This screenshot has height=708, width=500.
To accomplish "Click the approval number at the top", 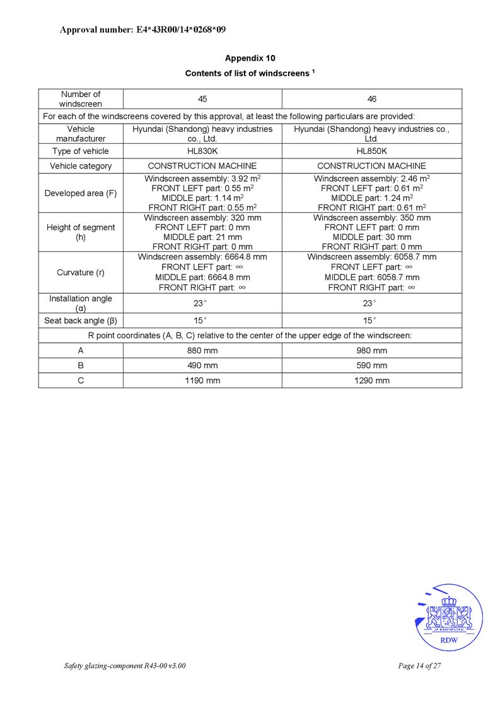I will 142,30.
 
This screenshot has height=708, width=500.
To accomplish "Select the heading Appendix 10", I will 250,58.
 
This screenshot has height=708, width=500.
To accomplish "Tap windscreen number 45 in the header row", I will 202,99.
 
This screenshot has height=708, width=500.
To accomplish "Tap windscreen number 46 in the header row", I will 372,99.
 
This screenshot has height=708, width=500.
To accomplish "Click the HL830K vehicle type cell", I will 202,151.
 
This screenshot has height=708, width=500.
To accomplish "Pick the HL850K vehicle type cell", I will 372,151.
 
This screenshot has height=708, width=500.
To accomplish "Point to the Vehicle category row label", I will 81,166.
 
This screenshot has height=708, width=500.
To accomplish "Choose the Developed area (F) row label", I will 81,193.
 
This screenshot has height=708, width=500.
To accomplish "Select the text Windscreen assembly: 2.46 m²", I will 372,179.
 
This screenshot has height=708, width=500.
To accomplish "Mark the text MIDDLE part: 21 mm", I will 202,237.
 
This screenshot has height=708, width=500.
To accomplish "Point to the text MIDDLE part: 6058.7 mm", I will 372,277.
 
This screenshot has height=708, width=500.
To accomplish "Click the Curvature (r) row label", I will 81,273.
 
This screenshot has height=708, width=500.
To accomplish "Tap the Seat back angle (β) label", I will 81,321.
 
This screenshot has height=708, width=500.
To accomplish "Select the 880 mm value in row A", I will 202,350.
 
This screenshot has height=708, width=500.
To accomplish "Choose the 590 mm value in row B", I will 372,365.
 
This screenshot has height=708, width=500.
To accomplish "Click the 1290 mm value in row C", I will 372,381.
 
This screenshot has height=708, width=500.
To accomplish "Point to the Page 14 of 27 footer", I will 419,666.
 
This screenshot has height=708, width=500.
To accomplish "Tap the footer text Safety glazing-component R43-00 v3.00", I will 125,666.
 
